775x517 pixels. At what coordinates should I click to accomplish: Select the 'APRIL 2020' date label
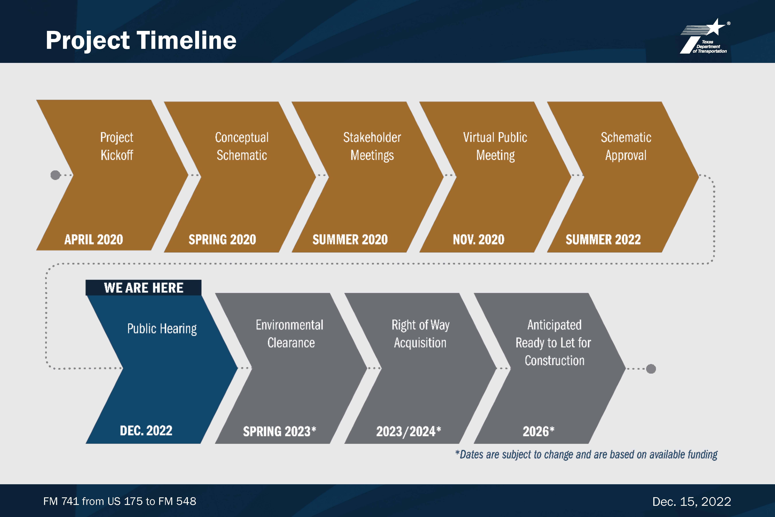(94, 239)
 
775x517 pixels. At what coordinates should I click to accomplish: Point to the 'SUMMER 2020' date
(350, 239)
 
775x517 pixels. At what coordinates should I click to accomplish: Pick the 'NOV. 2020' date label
(478, 239)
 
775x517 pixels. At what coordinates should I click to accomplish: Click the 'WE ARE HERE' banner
(144, 288)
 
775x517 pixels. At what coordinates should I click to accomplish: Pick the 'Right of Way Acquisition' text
(421, 334)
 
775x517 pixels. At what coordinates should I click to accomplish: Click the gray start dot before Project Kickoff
(55, 175)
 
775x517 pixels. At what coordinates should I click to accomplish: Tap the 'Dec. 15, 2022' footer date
(692, 501)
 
